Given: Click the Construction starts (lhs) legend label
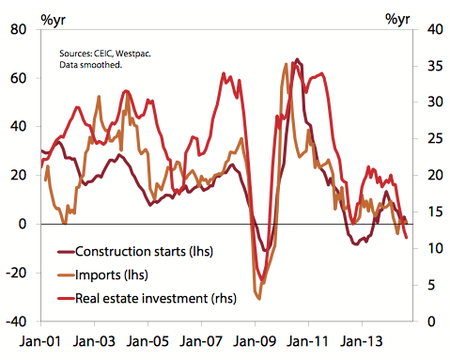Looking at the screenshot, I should point(145,252).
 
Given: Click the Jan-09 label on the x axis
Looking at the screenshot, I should point(256,343).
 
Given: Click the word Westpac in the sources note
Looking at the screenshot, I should point(132,55).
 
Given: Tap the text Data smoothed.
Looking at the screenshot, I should point(91,67).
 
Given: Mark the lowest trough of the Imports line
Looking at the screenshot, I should point(257,298).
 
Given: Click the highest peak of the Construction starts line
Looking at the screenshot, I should point(298,59).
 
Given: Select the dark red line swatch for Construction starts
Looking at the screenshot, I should point(65,252).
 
